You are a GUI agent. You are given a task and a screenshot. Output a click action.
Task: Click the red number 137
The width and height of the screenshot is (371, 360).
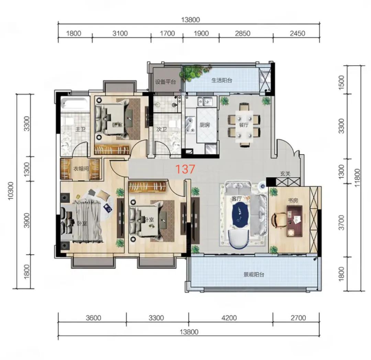[x=185, y=169]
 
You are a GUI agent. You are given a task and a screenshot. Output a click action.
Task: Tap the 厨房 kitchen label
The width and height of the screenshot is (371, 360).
[x=205, y=125]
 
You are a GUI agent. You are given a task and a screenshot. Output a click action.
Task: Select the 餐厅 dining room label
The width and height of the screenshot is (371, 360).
[x=244, y=125]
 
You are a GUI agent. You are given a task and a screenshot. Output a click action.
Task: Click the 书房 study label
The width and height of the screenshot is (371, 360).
[x=293, y=201]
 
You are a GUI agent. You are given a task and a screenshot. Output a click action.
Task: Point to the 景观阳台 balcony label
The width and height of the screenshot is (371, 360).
[x=254, y=274]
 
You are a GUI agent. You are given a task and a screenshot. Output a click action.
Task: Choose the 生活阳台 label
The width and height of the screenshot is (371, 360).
[x=222, y=80]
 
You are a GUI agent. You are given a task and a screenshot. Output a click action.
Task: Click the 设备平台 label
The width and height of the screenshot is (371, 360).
[x=165, y=82]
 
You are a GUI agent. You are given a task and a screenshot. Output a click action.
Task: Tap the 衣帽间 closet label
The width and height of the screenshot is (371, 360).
[x=81, y=169]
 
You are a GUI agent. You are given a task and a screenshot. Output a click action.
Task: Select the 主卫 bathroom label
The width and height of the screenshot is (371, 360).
[x=80, y=130]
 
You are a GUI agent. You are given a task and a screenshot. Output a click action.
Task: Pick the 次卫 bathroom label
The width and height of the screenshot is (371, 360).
[x=161, y=130]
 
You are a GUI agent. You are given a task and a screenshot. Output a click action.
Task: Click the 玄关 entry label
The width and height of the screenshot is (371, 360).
[x=285, y=173]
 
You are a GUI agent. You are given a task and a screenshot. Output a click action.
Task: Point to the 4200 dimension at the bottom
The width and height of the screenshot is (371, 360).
[x=229, y=318]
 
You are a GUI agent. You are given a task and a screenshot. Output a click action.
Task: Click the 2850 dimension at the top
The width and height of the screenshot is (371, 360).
[x=243, y=33]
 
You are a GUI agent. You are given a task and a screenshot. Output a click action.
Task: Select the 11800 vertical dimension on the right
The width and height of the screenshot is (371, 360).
[x=357, y=178]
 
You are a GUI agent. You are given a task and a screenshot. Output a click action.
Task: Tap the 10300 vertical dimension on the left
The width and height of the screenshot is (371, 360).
[x=11, y=191]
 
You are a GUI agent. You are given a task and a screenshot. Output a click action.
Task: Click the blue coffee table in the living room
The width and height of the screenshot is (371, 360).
[x=241, y=215]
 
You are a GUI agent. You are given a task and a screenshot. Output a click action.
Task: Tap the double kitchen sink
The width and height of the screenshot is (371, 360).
[x=204, y=102]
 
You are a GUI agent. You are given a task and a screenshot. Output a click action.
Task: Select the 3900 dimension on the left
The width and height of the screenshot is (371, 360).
[x=27, y=220]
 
